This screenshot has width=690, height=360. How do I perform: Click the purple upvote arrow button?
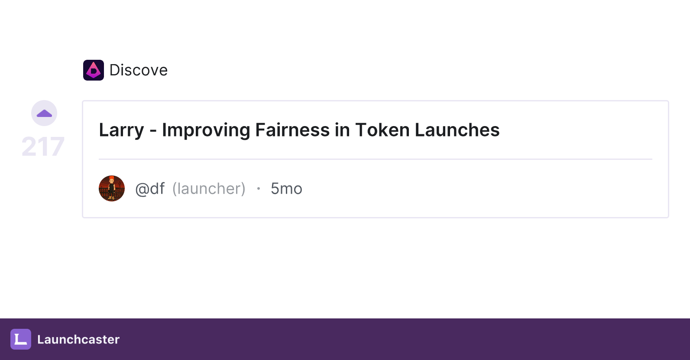coord(44,113)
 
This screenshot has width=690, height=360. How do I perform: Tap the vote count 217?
coord(43,146)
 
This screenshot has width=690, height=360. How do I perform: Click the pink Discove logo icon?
coord(93,70)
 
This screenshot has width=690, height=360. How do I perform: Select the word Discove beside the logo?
coord(138,70)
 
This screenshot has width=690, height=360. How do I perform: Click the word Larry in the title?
coord(121,130)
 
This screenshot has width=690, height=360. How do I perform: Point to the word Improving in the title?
coord(206,130)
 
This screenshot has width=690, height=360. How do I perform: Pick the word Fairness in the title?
coord(292,130)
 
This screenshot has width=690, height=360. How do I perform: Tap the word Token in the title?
coord(382,130)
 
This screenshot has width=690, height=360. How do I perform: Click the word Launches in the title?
coord(457,130)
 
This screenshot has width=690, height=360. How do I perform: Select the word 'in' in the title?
coord(342,130)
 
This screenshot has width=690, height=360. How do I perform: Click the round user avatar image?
coord(111,188)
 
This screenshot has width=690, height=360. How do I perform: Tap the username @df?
coord(150,188)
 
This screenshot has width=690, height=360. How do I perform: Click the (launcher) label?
coord(209,188)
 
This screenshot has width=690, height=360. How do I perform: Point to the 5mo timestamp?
coord(286,188)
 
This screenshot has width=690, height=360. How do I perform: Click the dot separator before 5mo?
coord(259,188)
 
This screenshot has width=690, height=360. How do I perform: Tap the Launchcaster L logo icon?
coord(21,339)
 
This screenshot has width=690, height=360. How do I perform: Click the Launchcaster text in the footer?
coord(78,339)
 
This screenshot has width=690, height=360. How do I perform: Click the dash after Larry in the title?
coord(153,132)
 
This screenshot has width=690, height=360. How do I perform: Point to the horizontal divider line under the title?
coord(376,159)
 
